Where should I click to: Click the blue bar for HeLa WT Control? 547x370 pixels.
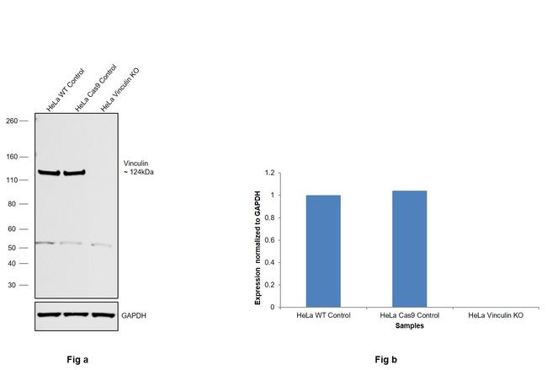click(323, 251)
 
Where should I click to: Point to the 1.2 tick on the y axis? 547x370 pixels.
click(270, 173)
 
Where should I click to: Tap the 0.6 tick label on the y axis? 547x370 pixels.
click(270, 240)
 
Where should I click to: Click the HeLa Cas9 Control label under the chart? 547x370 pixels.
click(409, 315)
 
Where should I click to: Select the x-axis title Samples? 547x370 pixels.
click(409, 324)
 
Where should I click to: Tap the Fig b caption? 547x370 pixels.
click(386, 360)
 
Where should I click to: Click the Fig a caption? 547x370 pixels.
click(77, 360)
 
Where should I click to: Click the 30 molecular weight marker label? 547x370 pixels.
click(13, 285)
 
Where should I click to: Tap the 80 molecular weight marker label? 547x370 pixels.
click(13, 204)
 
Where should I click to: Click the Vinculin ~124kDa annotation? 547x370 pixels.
click(138, 168)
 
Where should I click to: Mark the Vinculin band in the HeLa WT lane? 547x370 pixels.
click(48, 174)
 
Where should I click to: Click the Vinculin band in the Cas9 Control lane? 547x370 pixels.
click(75, 174)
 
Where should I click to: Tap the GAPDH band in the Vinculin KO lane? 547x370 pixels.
click(102, 314)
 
